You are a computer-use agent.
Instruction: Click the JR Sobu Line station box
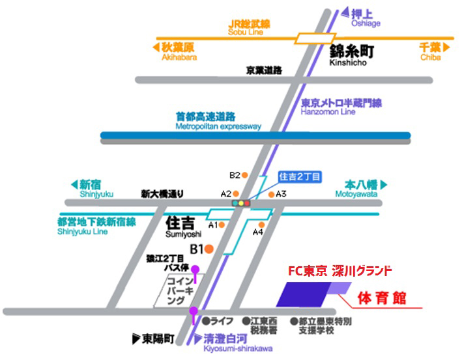point(311,38)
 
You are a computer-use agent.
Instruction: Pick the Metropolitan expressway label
point(218,121)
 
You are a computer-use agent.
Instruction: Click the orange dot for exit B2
point(244,175)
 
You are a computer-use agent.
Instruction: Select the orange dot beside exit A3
point(273,194)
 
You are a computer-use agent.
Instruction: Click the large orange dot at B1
point(209,248)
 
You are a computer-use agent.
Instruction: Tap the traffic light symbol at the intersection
point(242,204)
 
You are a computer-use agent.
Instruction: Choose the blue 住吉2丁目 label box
point(300,177)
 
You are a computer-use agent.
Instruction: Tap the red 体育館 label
point(382,298)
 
